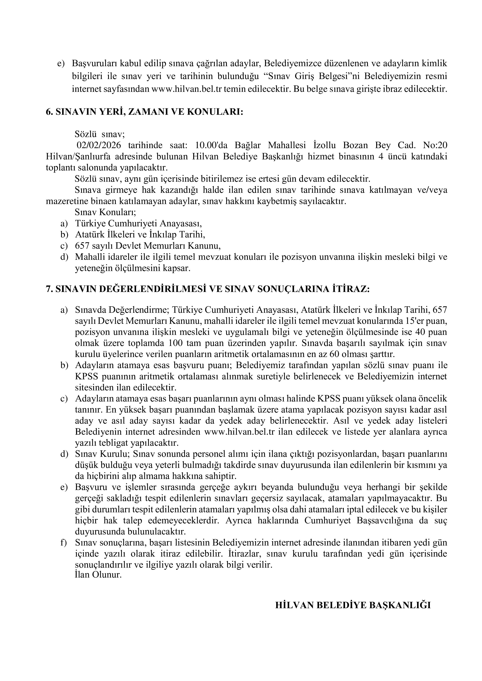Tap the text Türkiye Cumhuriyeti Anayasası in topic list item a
point(138,223)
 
